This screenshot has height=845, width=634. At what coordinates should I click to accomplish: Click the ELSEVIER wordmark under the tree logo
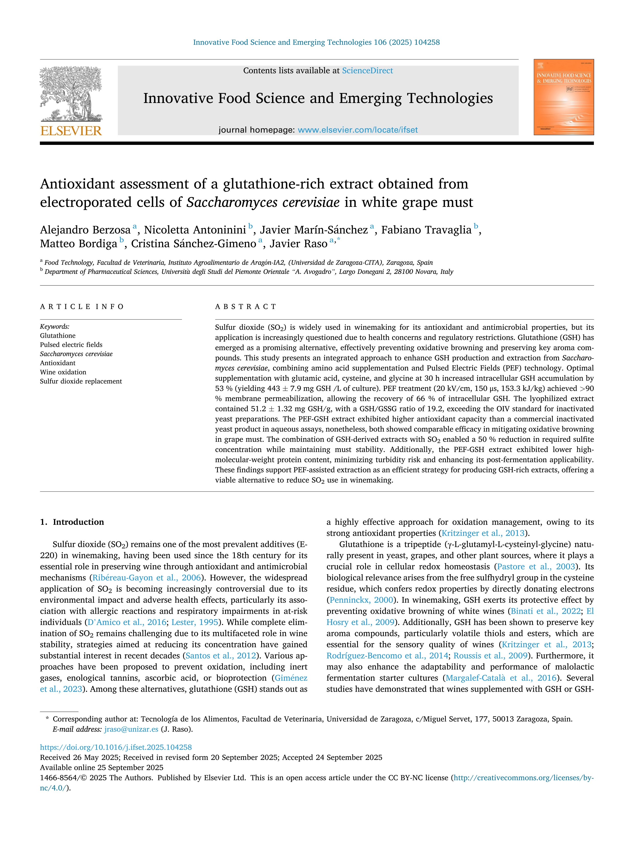click(x=71, y=131)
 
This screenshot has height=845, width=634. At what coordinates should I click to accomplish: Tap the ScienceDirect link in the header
click(x=367, y=71)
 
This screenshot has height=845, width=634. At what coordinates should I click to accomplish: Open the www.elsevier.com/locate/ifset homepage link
click(x=357, y=130)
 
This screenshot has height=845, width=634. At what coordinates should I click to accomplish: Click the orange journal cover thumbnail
click(x=564, y=97)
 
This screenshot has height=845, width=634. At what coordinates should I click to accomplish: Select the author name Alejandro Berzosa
click(x=85, y=230)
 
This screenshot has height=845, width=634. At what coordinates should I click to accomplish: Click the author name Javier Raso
click(x=298, y=244)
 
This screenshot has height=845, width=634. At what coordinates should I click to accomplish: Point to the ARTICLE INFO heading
click(x=82, y=307)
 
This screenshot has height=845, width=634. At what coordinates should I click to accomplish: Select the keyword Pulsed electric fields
click(x=71, y=345)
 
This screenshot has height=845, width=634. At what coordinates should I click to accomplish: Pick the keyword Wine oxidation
click(x=63, y=372)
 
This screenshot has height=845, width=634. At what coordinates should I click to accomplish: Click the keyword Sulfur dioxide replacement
click(x=81, y=381)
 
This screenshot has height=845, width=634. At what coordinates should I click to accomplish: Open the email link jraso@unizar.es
click(x=131, y=729)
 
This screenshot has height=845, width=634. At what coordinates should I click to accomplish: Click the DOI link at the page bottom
click(x=116, y=747)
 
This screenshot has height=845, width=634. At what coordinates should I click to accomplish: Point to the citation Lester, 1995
click(x=195, y=622)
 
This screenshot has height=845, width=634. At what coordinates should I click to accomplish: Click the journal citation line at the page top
click(x=316, y=42)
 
